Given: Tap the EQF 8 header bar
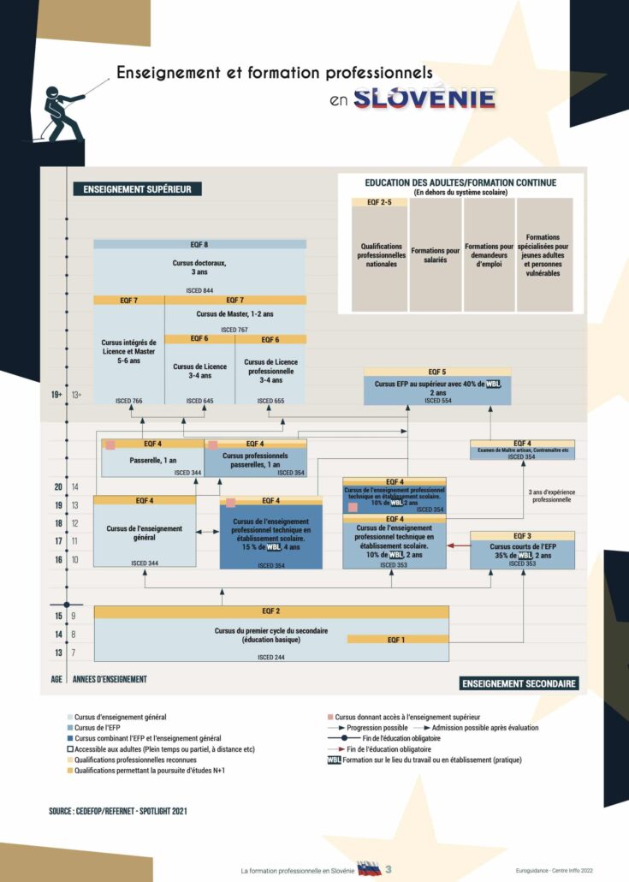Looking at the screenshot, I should (x=199, y=245).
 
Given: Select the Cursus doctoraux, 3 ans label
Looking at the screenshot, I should (x=199, y=267).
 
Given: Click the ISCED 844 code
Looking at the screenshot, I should (x=199, y=291).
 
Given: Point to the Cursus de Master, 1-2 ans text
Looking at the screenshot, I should (x=234, y=314).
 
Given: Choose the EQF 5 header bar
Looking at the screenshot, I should (x=437, y=372).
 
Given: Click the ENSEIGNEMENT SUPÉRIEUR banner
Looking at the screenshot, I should (x=137, y=189).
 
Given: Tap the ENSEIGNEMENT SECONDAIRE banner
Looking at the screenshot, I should (x=519, y=683).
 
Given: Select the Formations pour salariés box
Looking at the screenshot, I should (x=435, y=254).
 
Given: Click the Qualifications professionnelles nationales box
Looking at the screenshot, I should (x=379, y=254).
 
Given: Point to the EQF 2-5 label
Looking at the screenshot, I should (x=379, y=202).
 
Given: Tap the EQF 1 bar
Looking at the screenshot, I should (x=397, y=639).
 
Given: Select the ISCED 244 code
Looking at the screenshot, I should (x=271, y=657).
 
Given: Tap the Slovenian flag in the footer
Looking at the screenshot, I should (x=369, y=868).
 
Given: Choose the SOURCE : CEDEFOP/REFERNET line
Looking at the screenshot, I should (x=117, y=809).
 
